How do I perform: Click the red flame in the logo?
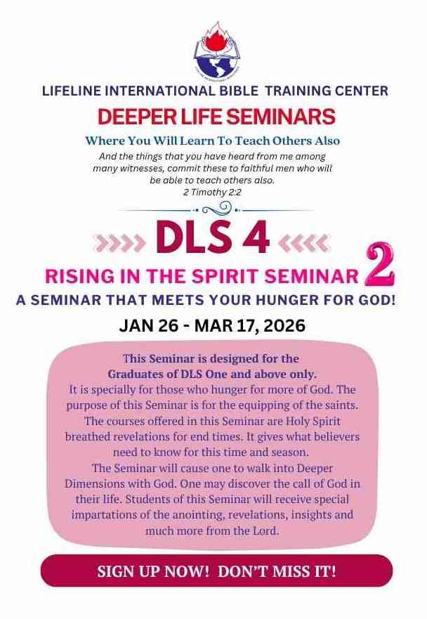pyautogui.click(x=214, y=36)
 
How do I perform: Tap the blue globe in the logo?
pyautogui.click(x=212, y=65)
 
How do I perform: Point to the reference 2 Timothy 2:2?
pyautogui.click(x=212, y=193)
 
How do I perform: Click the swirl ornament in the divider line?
pyautogui.click(x=216, y=207)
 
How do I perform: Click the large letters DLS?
pyautogui.click(x=193, y=237)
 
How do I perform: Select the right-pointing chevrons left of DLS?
pyautogui.click(x=119, y=243)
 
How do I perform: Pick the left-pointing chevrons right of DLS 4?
pyautogui.click(x=303, y=243)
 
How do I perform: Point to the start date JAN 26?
pyautogui.click(x=147, y=326)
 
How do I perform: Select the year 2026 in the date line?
pyautogui.click(x=285, y=326)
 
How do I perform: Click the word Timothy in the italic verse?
pyautogui.click(x=213, y=193)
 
